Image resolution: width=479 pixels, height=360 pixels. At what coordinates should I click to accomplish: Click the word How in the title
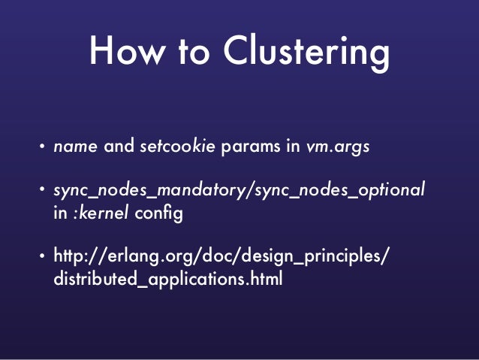(123, 53)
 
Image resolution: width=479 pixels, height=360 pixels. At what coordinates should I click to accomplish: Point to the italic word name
(76, 146)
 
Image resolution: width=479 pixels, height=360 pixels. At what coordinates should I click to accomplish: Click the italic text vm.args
(338, 147)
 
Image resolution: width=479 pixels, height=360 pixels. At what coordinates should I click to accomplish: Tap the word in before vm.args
(294, 146)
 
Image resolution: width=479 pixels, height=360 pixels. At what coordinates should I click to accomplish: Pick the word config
(158, 213)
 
